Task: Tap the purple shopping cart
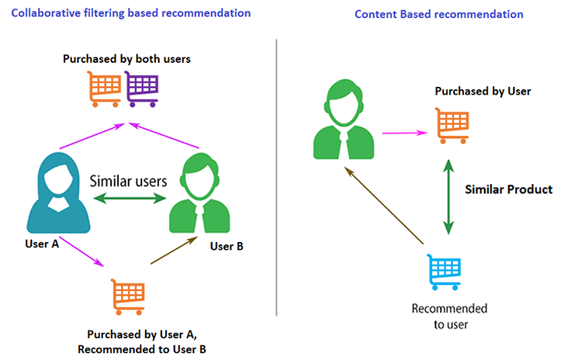[x=142, y=88]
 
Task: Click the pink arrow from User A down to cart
[x=81, y=255]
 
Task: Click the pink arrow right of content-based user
[x=405, y=133]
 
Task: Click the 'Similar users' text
[x=129, y=181]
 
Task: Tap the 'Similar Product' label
[x=508, y=189]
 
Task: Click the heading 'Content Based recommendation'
[x=439, y=15]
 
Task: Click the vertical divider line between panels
[x=277, y=178]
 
